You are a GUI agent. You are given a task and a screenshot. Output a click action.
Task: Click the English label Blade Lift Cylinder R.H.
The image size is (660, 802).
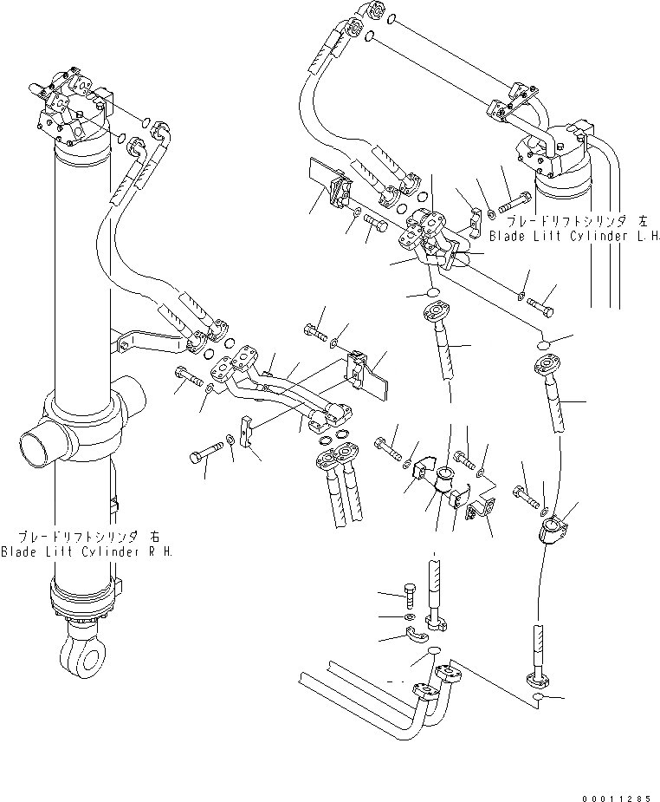[87, 551]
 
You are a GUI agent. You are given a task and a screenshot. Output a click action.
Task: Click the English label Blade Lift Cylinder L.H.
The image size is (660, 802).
[575, 235]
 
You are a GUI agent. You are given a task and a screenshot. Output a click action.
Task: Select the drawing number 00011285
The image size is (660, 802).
[615, 788]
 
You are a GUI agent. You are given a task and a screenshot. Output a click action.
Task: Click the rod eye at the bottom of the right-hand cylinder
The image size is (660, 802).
[79, 648]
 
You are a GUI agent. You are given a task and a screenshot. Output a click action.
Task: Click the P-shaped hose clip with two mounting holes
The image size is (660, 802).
[479, 512]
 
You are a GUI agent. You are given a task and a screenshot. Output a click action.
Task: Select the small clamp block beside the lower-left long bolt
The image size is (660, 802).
[248, 430]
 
